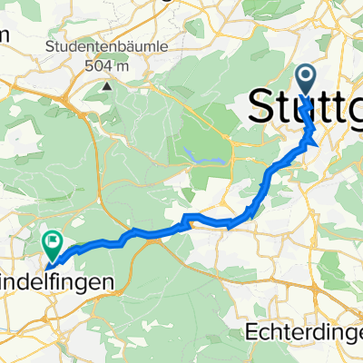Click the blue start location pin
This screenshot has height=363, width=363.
305,77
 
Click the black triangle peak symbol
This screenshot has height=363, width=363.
107,87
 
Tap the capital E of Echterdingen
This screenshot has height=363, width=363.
251,333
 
